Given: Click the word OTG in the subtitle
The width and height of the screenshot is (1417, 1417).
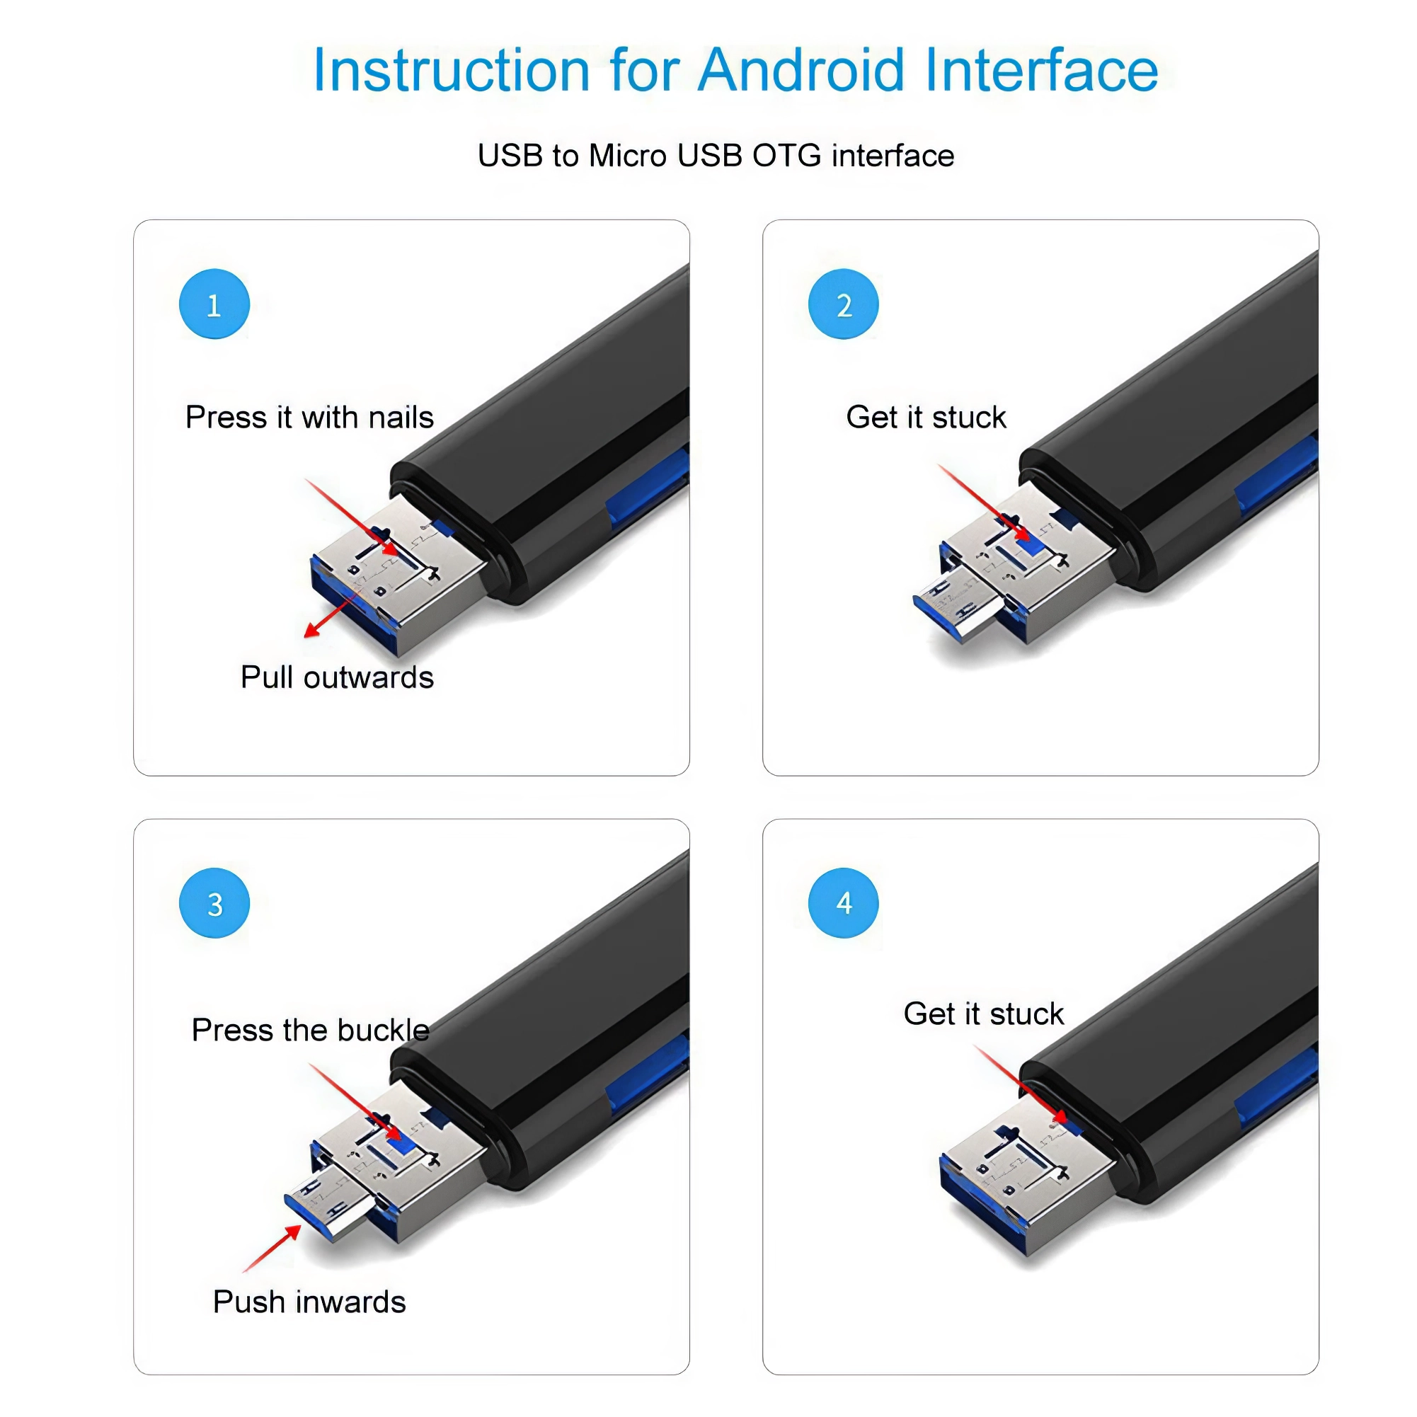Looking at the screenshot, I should click(x=786, y=156).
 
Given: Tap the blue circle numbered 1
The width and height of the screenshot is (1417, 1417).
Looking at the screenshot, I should click(x=214, y=304).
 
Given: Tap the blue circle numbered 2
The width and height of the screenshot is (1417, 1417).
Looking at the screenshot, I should click(x=844, y=304).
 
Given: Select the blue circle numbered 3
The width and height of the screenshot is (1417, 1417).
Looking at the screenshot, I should click(x=214, y=904).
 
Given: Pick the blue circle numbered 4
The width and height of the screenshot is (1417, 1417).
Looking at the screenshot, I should click(x=844, y=903).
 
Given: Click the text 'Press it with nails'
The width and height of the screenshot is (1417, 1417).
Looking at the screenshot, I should click(x=309, y=418).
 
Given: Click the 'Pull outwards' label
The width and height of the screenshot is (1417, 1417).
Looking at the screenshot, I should click(x=337, y=677).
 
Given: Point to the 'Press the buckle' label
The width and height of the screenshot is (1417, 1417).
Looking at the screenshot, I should click(x=309, y=1030).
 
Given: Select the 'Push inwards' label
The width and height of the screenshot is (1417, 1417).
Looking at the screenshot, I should click(x=309, y=1302).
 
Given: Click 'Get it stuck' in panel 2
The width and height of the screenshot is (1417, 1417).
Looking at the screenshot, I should click(x=926, y=418).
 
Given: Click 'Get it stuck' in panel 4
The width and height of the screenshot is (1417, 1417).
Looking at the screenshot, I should click(x=983, y=1014).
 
